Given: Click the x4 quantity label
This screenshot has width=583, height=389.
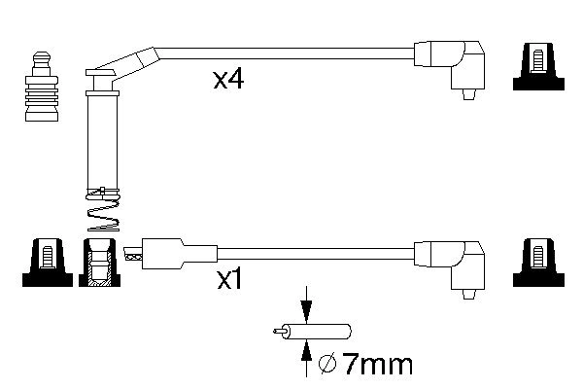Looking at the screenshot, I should point(227,80).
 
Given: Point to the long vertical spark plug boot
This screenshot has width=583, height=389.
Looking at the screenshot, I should point(100,136).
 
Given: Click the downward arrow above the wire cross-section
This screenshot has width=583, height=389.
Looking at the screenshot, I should point(307,304).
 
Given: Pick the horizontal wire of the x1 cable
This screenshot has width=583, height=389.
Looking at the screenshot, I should point(311,255).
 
